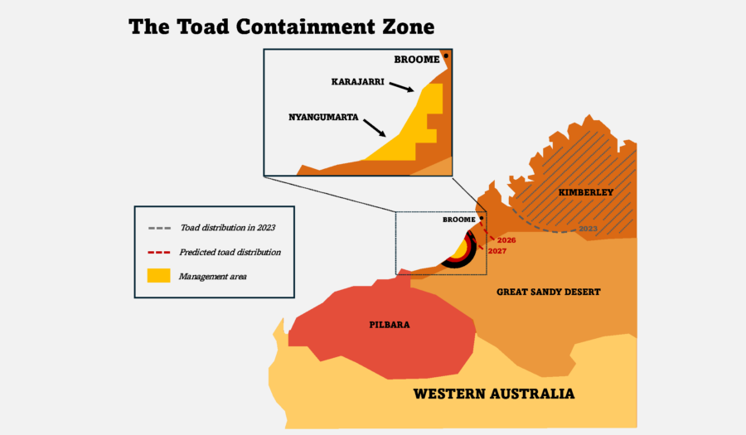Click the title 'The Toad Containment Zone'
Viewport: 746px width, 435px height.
click(281, 27)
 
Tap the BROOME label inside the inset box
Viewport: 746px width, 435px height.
click(416, 60)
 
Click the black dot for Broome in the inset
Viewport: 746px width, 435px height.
click(446, 56)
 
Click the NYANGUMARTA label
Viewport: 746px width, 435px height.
click(323, 118)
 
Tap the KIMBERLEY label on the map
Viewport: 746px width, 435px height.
click(585, 192)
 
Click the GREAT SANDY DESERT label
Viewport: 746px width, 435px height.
click(548, 292)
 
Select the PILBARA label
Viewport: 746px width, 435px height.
click(389, 324)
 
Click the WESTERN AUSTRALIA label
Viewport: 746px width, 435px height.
click(494, 393)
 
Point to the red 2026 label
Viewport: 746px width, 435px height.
click(506, 240)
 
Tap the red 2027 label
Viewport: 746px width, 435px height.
click(497, 250)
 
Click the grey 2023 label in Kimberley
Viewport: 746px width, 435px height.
click(588, 228)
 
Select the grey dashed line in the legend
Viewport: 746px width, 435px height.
click(159, 228)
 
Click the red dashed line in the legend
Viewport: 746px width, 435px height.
click(159, 252)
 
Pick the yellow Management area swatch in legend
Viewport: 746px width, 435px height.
click(159, 276)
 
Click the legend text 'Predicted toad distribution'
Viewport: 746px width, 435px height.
click(230, 252)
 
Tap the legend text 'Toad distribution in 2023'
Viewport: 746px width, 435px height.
click(226, 228)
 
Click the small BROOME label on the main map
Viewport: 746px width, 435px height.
click(458, 220)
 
